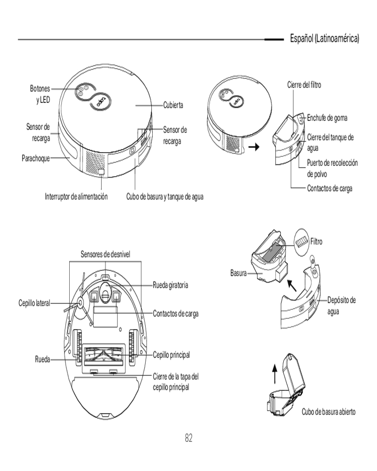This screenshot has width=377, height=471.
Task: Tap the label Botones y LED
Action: point(40,93)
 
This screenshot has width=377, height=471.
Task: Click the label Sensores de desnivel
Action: point(105,254)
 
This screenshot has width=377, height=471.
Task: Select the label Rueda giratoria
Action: point(171,285)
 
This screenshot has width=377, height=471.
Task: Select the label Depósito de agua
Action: point(342,305)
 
